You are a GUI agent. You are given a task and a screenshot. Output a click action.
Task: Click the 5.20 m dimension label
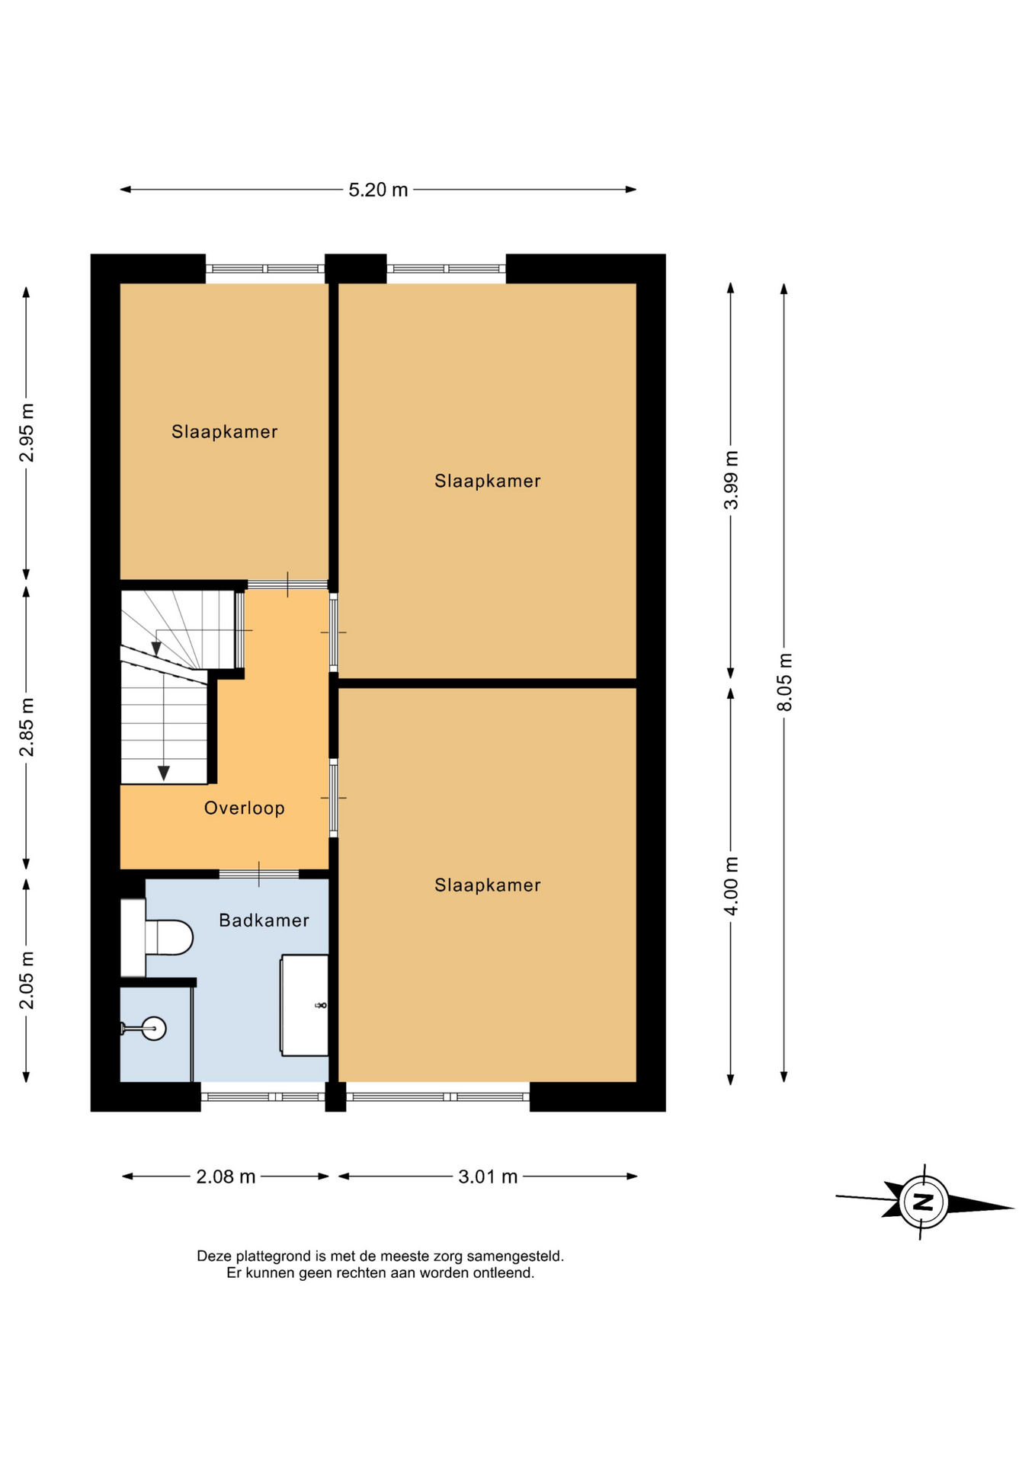(x=378, y=190)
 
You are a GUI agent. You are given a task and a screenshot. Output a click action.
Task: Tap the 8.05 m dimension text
(x=784, y=682)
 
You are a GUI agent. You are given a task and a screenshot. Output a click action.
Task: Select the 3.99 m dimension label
(x=731, y=480)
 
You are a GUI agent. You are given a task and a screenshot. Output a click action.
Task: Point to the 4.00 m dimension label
(x=731, y=886)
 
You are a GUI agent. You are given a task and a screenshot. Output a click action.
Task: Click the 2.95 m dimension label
(x=27, y=433)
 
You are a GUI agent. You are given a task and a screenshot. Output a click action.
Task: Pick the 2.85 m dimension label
(x=27, y=728)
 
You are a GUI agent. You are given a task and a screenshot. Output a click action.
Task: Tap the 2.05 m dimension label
(x=27, y=981)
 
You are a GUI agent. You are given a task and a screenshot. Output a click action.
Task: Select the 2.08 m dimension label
(x=226, y=1176)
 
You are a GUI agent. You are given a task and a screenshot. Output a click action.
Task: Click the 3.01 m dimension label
(x=488, y=1176)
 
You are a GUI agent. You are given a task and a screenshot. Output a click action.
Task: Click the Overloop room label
(x=245, y=808)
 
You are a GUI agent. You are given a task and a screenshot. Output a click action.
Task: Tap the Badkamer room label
(x=264, y=920)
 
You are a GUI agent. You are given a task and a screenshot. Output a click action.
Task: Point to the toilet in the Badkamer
(x=157, y=937)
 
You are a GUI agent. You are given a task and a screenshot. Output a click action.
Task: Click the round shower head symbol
(x=154, y=1029)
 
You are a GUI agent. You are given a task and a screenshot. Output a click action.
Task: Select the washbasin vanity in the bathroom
(x=305, y=1005)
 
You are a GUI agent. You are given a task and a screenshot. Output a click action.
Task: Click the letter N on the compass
(x=924, y=1202)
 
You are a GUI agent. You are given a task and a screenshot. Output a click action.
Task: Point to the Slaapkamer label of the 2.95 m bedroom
(x=224, y=431)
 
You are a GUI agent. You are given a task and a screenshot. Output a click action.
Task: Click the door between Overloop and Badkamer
(x=259, y=874)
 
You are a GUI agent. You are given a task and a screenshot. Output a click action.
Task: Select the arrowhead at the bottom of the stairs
(x=163, y=773)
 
